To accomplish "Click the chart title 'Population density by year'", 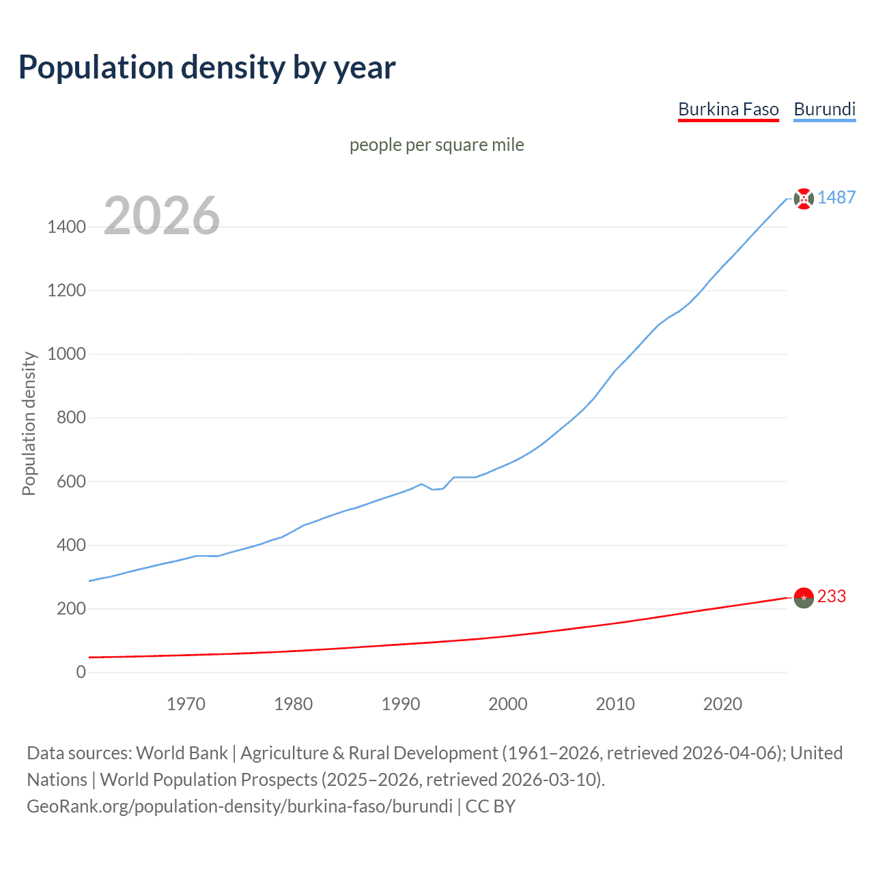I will tap(207, 68).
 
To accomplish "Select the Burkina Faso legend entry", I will tap(728, 109).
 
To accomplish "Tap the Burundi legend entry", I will tap(824, 109).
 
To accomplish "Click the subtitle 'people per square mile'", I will tap(436, 145).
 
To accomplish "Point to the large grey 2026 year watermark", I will tap(162, 216).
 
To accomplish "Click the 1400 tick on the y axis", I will tap(66, 227).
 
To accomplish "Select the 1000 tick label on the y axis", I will tap(66, 354).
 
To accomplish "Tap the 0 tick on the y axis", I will tap(81, 672).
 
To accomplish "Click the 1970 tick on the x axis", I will tap(186, 704).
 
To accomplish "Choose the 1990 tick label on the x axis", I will tap(401, 704).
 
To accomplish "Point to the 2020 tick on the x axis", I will tap(722, 704).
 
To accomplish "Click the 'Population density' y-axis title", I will tap(29, 423).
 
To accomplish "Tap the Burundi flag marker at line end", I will tap(804, 199).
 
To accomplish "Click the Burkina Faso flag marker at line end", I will tap(804, 597).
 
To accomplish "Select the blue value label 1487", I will tap(836, 197).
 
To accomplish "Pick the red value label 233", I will tap(831, 596).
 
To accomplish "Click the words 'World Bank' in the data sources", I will tap(182, 753).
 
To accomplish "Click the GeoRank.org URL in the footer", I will tap(240, 806).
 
